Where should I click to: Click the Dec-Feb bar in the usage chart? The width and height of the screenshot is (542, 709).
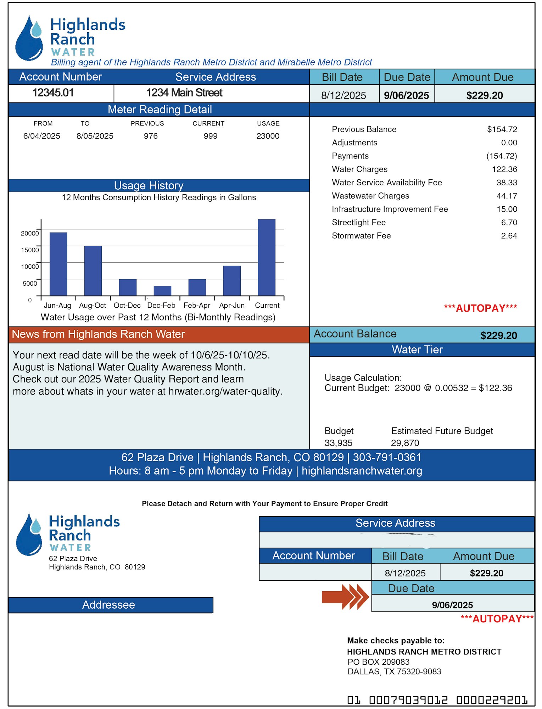point(162,291)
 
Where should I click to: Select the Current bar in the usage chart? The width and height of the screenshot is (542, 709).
point(267,257)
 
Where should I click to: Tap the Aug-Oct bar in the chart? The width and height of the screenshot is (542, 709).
point(93,270)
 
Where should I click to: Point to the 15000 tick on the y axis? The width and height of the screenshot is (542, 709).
point(30,250)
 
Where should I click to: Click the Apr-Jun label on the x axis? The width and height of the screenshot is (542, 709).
point(232,306)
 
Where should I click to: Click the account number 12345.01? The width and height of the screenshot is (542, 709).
point(53,93)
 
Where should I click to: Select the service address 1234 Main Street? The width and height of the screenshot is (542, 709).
point(184,93)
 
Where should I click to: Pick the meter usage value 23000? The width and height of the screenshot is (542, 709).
point(268,136)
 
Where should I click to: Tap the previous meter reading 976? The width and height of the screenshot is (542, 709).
point(151,136)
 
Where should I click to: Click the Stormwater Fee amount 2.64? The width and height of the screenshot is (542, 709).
point(509,236)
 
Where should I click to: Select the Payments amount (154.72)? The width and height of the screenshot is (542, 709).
point(502,156)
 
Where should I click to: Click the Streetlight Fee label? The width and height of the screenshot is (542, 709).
point(359,223)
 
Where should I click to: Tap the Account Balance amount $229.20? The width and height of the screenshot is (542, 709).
point(498,335)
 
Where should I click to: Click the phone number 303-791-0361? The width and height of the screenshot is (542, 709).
point(387,458)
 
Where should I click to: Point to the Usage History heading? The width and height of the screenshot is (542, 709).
point(149,186)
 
